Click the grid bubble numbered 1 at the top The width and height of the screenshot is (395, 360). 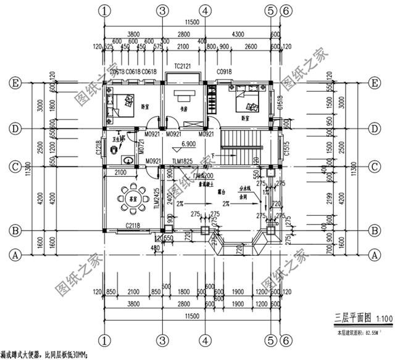point(107,10)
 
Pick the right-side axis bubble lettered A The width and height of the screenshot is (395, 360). point(373,253)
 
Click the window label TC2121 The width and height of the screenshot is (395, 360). point(183,65)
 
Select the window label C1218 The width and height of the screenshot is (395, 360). point(99,147)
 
